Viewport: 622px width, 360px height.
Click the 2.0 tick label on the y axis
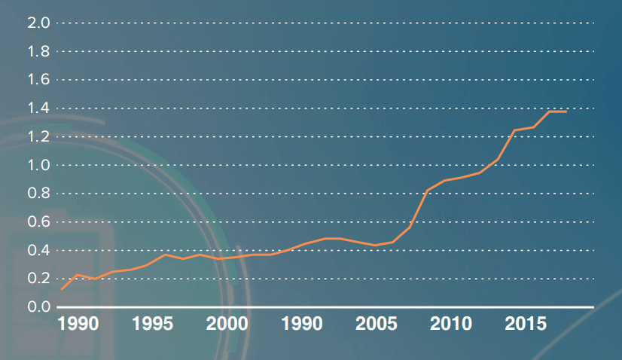[38, 23]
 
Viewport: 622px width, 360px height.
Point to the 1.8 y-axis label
[38, 51]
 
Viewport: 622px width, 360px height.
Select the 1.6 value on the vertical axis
[38, 80]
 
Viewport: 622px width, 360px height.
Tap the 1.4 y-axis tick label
[38, 108]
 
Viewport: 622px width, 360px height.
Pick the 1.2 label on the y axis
[38, 136]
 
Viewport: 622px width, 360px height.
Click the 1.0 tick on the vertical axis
[38, 165]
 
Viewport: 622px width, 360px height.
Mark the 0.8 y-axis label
[38, 194]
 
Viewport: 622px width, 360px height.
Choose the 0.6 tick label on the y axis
[38, 222]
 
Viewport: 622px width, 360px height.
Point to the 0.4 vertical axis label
[38, 250]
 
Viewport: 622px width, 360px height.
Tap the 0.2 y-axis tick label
[38, 279]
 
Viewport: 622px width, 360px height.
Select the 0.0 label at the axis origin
[38, 307]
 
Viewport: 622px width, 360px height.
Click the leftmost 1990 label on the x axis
[78, 325]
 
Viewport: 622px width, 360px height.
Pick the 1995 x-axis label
[153, 325]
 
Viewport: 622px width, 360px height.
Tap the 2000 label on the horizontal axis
[227, 325]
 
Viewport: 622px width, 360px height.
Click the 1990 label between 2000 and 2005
[302, 325]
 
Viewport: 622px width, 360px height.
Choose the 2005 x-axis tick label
[377, 325]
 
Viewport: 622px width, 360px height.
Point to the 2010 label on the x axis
[451, 325]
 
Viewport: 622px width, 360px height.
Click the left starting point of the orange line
[62, 289]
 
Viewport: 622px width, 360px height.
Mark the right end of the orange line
[566, 111]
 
